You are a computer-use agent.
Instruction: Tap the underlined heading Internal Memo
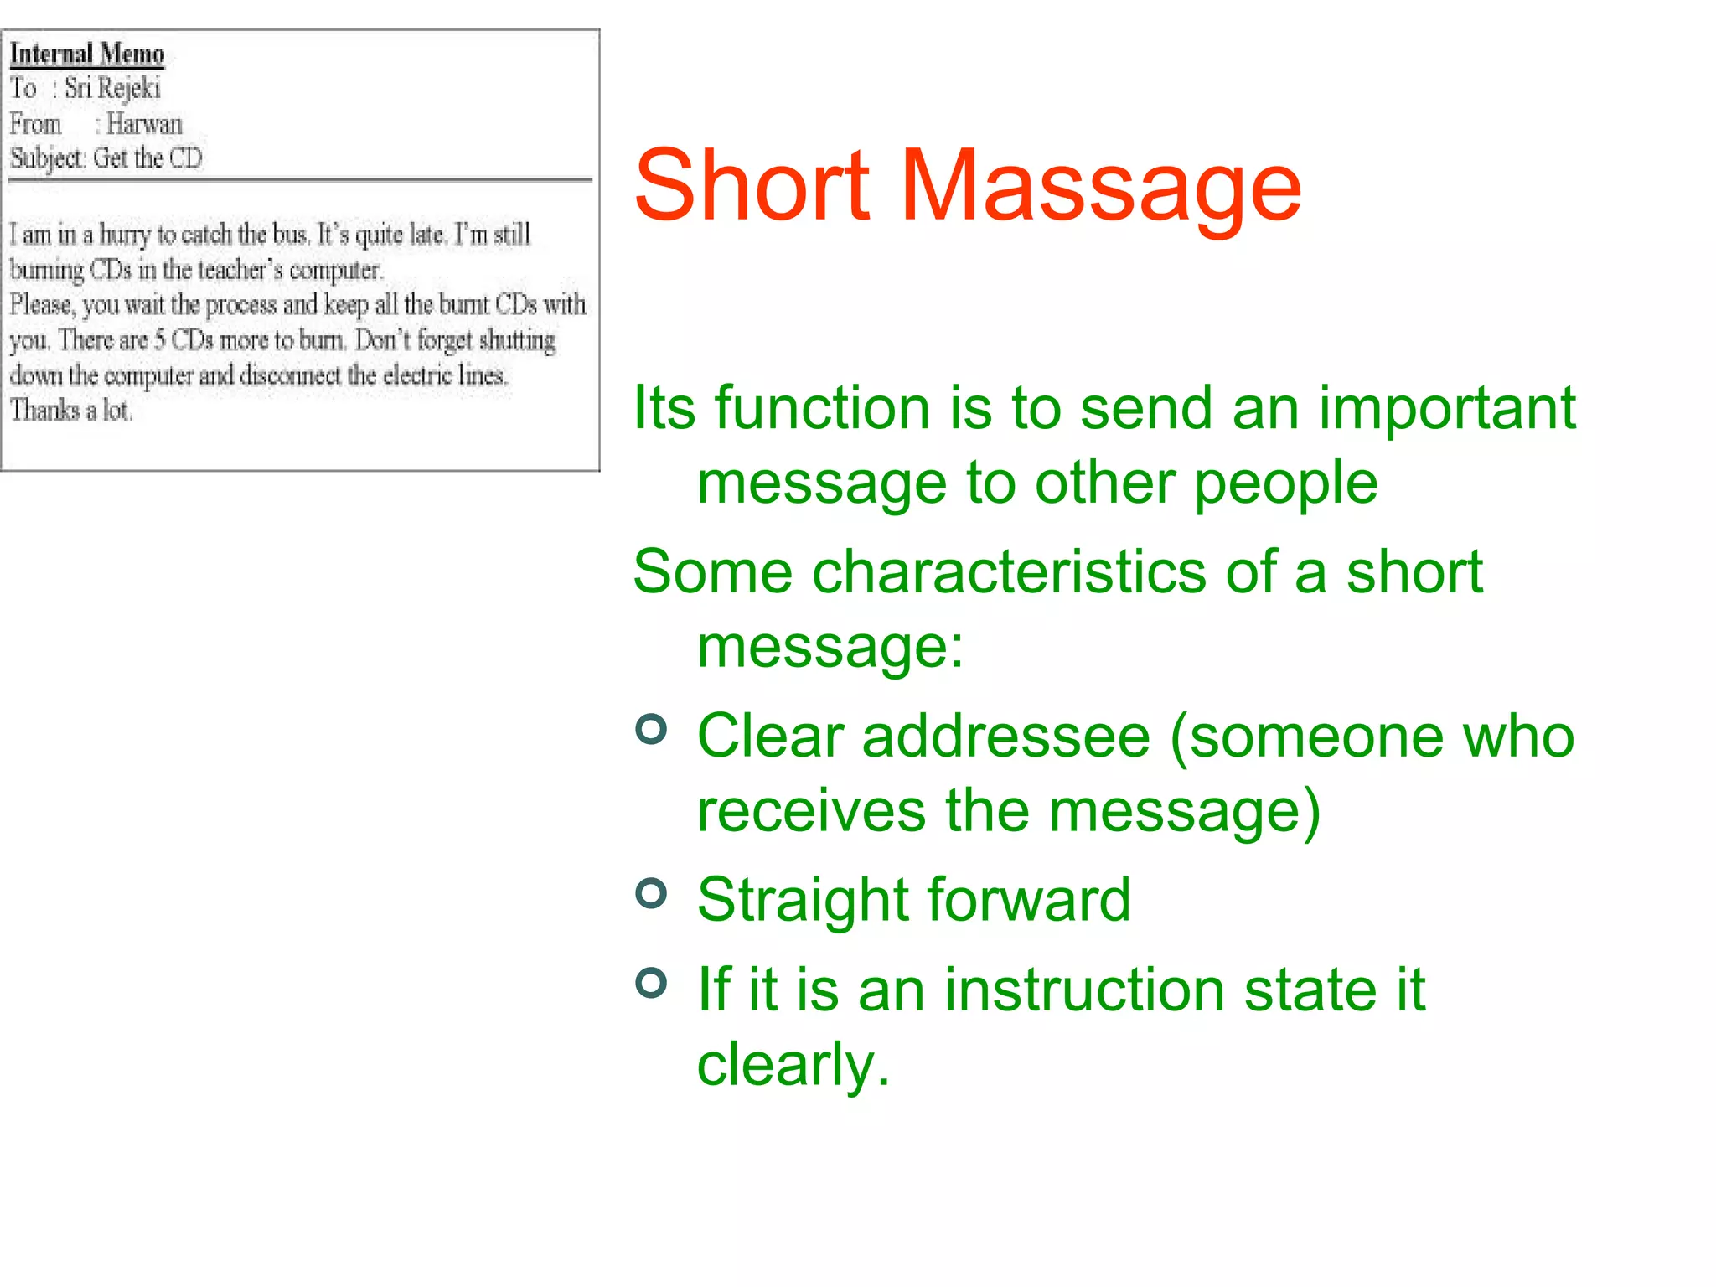[x=87, y=54]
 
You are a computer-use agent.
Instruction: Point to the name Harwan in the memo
[x=144, y=124]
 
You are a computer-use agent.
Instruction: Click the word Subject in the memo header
[x=48, y=158]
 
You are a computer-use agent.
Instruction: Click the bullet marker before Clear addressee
[x=651, y=729]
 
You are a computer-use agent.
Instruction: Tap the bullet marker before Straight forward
[x=651, y=893]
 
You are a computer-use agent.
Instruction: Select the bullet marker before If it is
[x=651, y=982]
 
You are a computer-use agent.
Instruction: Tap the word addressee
[x=1006, y=737]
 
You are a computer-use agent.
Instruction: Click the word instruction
[x=1085, y=990]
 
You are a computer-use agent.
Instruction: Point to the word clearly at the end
[x=792, y=1066]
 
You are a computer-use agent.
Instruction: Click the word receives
[x=811, y=811]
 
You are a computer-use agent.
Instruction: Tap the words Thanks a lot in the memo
[x=71, y=411]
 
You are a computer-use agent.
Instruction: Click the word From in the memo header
[x=36, y=124]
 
